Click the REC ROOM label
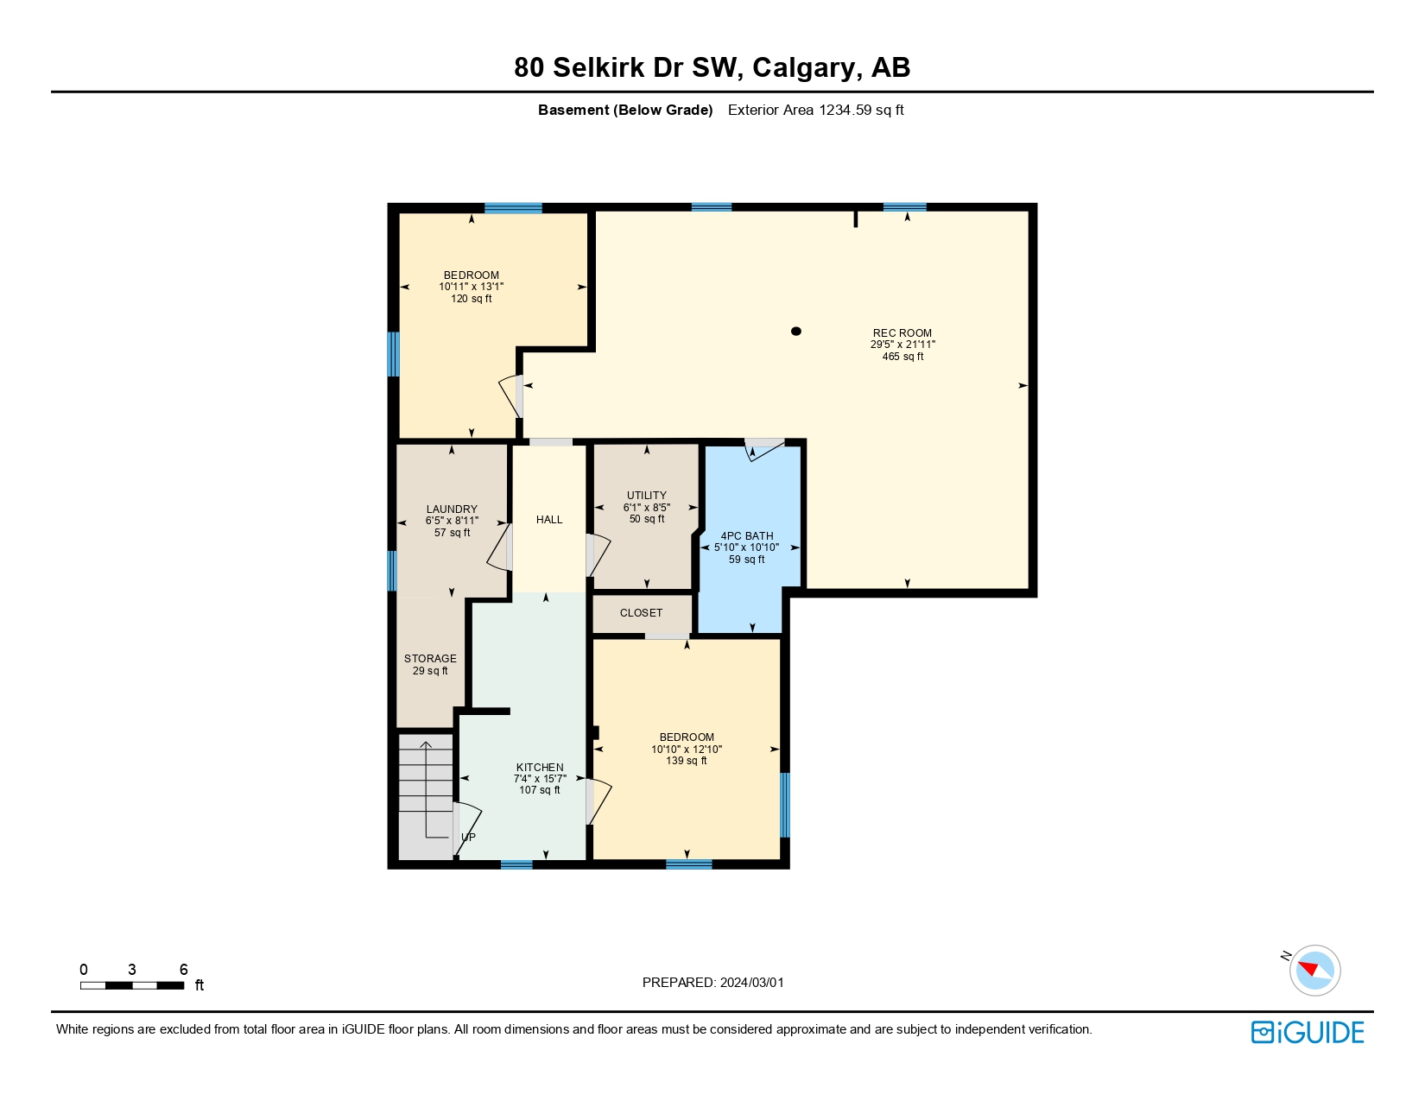[902, 332]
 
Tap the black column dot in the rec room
[796, 331]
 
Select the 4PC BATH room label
[747, 536]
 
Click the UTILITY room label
[647, 496]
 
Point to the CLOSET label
[641, 613]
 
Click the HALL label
[549, 520]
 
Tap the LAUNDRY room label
[452, 509]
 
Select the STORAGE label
[430, 659]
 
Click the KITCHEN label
[540, 768]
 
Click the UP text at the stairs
[468, 838]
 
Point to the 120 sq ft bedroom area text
[472, 299]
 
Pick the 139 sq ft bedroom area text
[687, 761]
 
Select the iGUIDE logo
[1308, 1033]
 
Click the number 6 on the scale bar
[183, 970]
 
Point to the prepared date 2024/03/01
[751, 983]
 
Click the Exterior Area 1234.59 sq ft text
[815, 110]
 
